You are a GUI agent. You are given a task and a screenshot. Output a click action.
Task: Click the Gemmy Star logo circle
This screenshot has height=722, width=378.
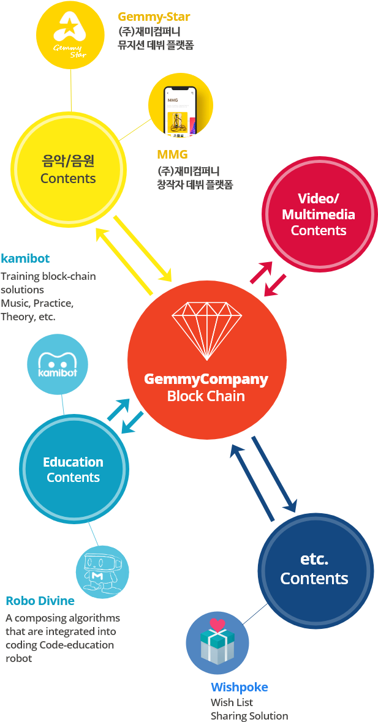tap(70, 35)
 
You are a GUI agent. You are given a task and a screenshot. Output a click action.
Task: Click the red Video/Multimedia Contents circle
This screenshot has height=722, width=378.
tap(318, 214)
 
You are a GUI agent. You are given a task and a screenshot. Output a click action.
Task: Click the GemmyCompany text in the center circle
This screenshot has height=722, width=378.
tap(206, 379)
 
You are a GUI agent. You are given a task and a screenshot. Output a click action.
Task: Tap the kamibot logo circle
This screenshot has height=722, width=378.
tap(58, 366)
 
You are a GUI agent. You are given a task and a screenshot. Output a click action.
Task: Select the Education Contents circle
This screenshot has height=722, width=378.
tap(74, 470)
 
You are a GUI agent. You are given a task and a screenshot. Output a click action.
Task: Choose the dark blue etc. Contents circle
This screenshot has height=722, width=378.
tap(315, 570)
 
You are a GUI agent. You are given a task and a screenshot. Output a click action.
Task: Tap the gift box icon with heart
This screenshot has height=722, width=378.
tap(217, 642)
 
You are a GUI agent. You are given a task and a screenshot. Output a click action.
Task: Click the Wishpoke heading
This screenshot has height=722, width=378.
tap(240, 687)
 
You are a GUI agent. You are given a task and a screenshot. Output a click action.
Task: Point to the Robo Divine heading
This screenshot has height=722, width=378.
tap(40, 601)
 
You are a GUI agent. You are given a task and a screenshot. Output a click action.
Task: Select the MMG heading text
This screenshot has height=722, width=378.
tap(172, 154)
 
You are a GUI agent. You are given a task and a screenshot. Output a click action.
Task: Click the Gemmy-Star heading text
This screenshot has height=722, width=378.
tap(153, 17)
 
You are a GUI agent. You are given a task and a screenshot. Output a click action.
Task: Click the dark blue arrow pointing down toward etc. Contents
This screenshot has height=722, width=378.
tap(274, 475)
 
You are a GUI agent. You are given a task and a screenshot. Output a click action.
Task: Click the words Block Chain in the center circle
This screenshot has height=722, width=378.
tap(206, 396)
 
